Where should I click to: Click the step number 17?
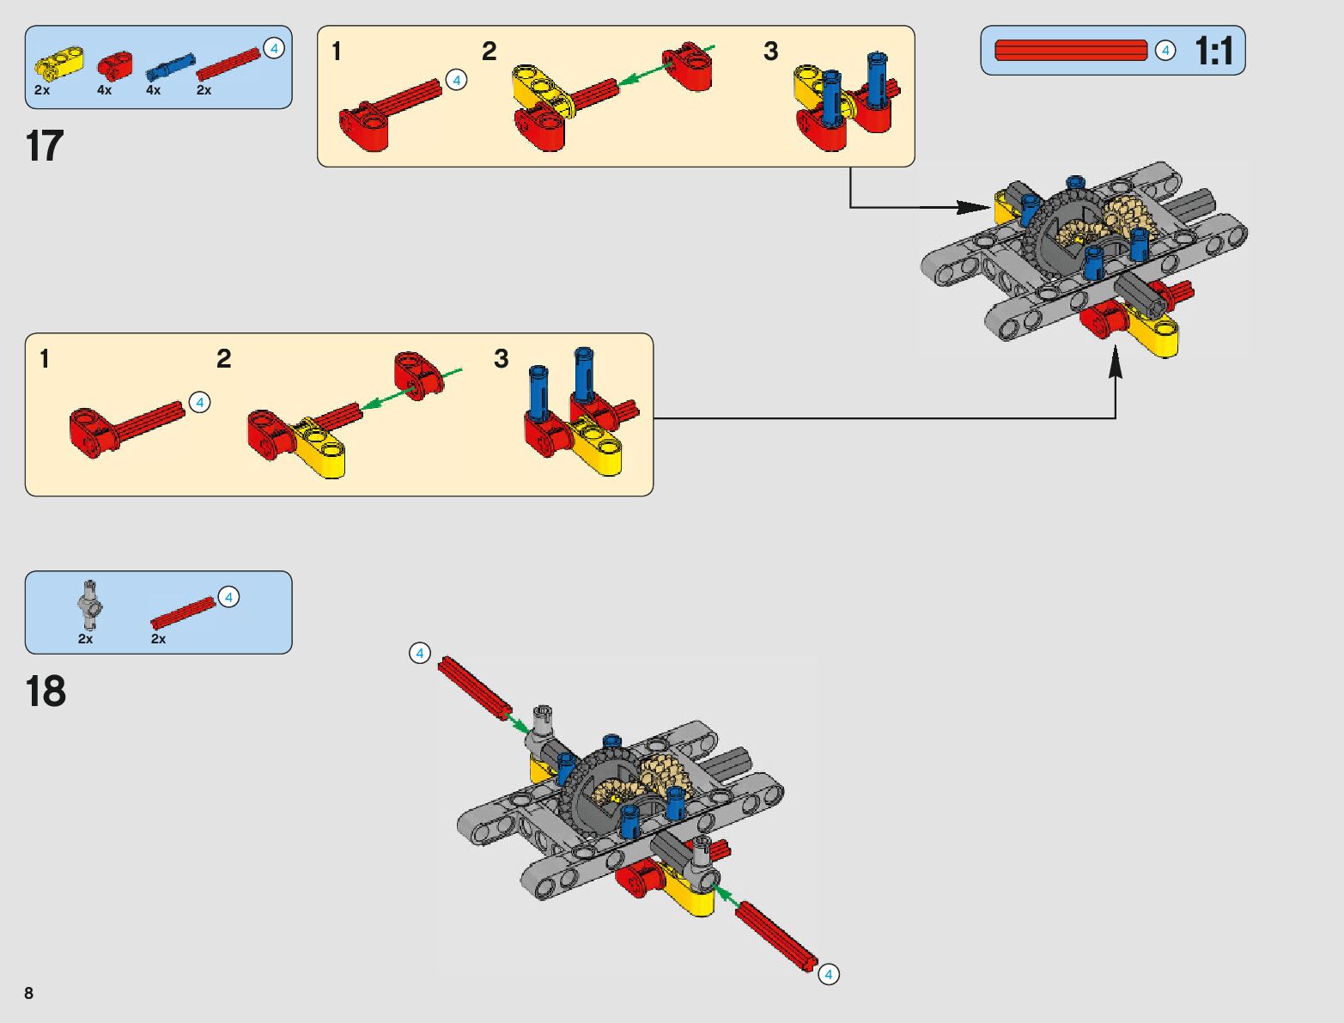click(x=45, y=146)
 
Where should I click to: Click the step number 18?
click(x=46, y=691)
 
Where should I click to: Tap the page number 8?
click(x=29, y=994)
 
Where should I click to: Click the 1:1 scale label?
click(x=1213, y=52)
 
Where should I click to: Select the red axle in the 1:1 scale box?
click(x=1070, y=51)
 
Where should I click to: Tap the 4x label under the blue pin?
click(x=153, y=90)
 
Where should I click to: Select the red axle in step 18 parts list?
click(x=183, y=612)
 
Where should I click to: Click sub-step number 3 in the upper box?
click(x=770, y=52)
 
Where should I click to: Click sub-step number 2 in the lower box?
click(x=224, y=359)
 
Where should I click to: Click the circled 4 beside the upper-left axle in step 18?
click(x=419, y=654)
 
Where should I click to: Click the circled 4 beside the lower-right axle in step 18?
click(x=828, y=974)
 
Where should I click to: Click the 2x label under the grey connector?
click(x=85, y=639)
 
